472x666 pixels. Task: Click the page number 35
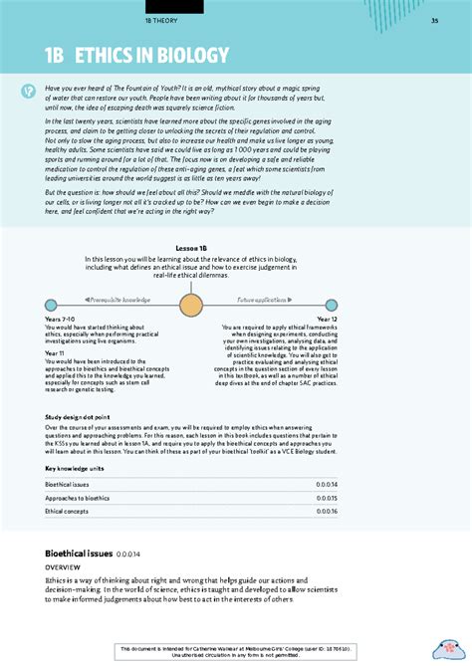(434, 22)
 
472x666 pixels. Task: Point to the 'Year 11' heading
(56, 352)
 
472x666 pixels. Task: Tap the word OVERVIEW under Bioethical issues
(66, 563)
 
